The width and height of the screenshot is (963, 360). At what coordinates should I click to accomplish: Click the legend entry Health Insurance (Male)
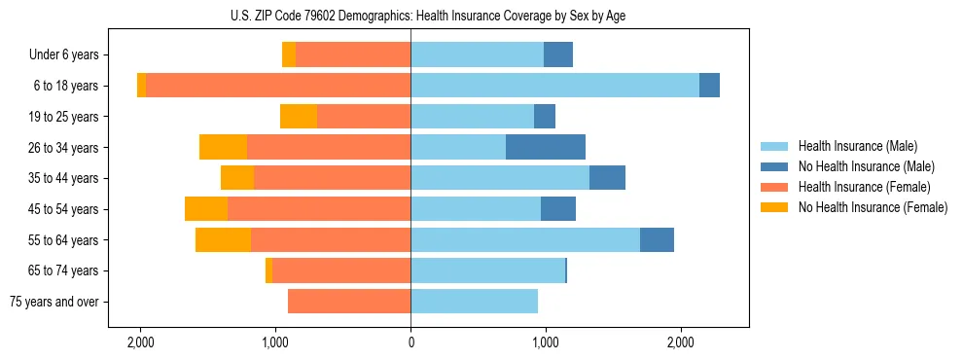coord(857,146)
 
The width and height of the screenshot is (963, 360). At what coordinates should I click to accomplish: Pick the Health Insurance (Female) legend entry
coord(864,187)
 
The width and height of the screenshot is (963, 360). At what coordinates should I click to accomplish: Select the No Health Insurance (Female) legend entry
coord(873,207)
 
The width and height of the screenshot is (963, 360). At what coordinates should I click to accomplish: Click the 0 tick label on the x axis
coord(410,342)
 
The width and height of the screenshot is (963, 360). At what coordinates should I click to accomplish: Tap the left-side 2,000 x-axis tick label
coord(141,342)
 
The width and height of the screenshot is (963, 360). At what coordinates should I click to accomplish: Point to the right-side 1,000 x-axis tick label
coord(546,342)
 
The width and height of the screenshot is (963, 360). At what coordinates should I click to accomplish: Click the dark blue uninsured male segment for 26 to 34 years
coord(546,147)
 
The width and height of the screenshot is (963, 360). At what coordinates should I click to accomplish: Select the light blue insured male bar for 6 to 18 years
coord(554,86)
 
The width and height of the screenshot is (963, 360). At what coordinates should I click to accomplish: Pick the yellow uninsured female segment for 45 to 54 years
coord(206,209)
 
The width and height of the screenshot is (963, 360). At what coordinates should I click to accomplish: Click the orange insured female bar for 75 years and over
coord(349,302)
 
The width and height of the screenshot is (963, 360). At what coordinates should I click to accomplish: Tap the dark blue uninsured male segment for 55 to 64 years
coord(657,239)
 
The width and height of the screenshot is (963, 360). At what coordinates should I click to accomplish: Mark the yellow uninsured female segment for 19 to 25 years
coord(299,117)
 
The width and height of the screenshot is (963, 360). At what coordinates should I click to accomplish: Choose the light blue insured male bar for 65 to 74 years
coord(487,270)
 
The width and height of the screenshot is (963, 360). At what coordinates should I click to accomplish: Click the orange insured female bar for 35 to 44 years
coord(332,178)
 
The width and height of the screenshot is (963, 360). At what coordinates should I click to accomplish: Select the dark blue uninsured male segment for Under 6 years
coord(558,55)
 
